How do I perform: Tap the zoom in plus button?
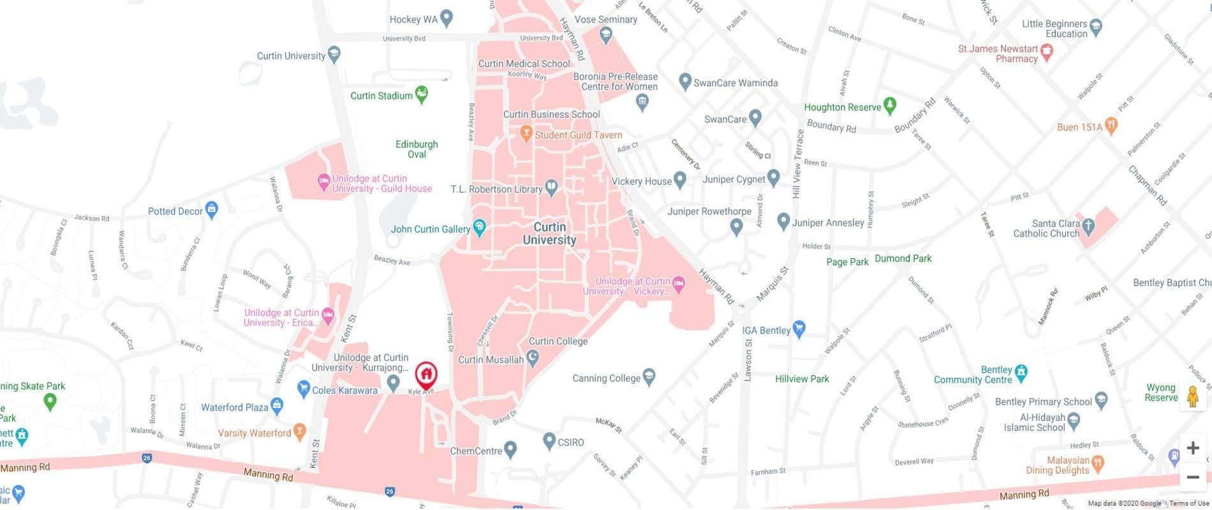coord(1192,448)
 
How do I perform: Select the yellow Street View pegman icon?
coord(1192,397)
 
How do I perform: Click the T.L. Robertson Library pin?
coord(552,187)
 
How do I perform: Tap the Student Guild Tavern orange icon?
coord(526,133)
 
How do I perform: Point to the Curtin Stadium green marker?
coord(422,95)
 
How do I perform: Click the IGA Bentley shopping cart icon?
coord(799,329)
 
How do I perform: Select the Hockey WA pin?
coord(447,18)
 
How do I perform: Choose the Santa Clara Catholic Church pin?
coord(1089,226)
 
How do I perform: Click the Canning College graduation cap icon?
coord(649,377)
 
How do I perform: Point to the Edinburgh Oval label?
coord(417,149)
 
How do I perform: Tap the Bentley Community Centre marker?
coord(1021,372)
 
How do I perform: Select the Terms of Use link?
coord(1189,504)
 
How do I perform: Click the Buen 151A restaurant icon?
coord(1111,126)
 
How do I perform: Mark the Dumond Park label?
coord(903,258)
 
